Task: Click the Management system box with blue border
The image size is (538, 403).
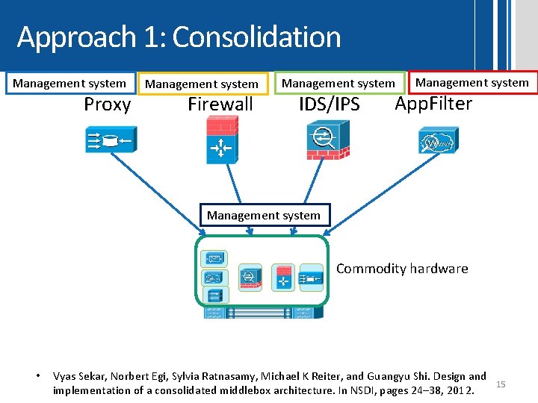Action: pyautogui.click(x=69, y=83)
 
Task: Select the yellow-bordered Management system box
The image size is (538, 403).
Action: pyautogui.click(x=202, y=84)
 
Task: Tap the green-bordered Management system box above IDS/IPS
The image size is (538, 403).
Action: pyautogui.click(x=338, y=84)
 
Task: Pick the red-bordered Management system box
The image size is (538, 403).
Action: pyautogui.click(x=471, y=83)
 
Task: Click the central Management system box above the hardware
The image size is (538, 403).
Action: pyautogui.click(x=264, y=215)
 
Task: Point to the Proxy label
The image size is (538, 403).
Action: pyautogui.click(x=107, y=104)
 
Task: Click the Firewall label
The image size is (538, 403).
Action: pyautogui.click(x=220, y=104)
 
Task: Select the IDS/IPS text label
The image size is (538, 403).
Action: pyautogui.click(x=330, y=104)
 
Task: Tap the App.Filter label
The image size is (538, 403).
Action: pyautogui.click(x=433, y=104)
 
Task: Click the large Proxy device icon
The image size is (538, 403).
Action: pyautogui.click(x=109, y=139)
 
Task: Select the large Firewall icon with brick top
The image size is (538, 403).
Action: pyautogui.click(x=222, y=140)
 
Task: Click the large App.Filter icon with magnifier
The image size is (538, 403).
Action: pyautogui.click(x=437, y=139)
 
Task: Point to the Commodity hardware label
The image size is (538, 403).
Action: pyautogui.click(x=402, y=269)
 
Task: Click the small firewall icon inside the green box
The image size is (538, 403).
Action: pyautogui.click(x=284, y=276)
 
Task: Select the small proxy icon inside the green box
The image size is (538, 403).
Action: pyautogui.click(x=310, y=279)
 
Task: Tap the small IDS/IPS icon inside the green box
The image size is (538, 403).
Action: pyautogui.click(x=250, y=276)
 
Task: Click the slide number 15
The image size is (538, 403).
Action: pyautogui.click(x=501, y=384)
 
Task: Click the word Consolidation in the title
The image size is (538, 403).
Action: pyautogui.click(x=256, y=37)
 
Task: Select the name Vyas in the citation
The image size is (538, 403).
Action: pyautogui.click(x=66, y=376)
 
